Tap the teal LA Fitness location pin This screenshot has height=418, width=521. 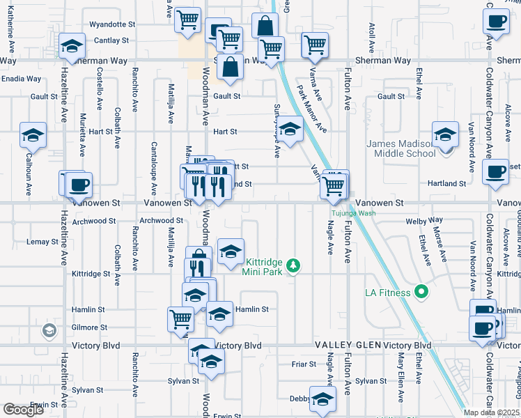point(421,291)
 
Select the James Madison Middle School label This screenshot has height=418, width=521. point(401,148)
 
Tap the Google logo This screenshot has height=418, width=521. point(23,410)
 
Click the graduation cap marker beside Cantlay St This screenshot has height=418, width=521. point(70,46)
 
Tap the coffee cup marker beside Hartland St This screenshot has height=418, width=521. point(496,171)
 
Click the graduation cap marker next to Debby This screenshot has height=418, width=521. point(322,398)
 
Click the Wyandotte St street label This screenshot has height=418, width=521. point(116,24)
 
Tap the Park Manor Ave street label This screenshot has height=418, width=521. point(312,109)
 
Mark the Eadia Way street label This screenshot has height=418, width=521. point(21,79)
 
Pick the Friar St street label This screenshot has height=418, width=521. point(304,364)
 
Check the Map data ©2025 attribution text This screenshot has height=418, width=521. point(491,412)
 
